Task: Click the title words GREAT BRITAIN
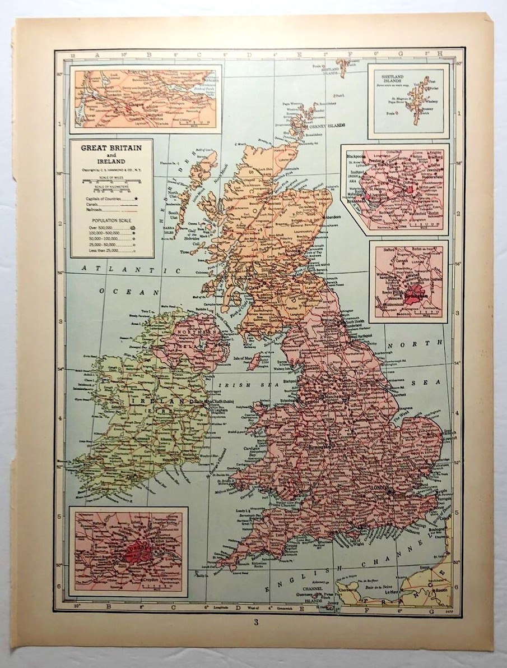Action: tap(111, 148)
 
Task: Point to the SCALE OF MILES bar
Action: tap(111, 181)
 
